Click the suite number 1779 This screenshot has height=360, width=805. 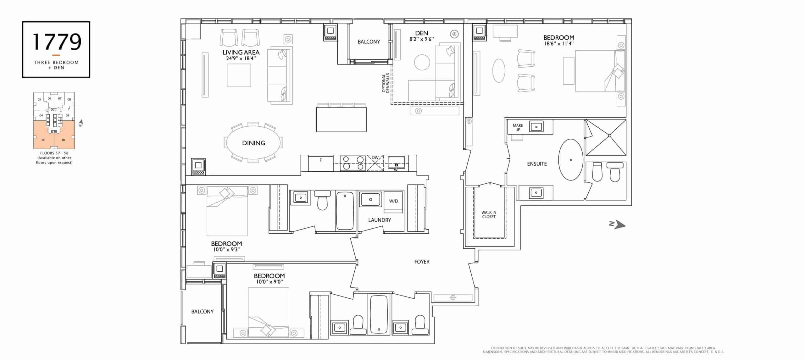pyautogui.click(x=57, y=42)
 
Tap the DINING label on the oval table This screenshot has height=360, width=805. pyautogui.click(x=253, y=143)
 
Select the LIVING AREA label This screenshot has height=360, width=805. pyautogui.click(x=241, y=53)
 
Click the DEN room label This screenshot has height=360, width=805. pyautogui.click(x=421, y=33)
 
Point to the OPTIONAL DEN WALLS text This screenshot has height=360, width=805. pyautogui.click(x=386, y=83)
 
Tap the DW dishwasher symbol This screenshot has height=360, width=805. pyautogui.click(x=375, y=163)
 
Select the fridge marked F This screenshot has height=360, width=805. pyautogui.click(x=320, y=163)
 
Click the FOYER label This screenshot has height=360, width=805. pyautogui.click(x=422, y=262)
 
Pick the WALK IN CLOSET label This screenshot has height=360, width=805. pyautogui.click(x=489, y=215)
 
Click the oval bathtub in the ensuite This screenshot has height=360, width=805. pyautogui.click(x=571, y=160)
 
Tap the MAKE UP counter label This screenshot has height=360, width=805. pyautogui.click(x=518, y=127)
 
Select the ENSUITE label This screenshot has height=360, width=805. pyautogui.click(x=537, y=164)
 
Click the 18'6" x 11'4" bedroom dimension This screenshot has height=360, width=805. pyautogui.click(x=559, y=44)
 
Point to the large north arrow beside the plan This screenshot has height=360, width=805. pyautogui.click(x=617, y=224)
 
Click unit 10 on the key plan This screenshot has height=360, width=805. pyautogui.click(x=63, y=140)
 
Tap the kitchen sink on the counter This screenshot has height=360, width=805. pyautogui.click(x=396, y=163)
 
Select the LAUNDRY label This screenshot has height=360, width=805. pyautogui.click(x=380, y=220)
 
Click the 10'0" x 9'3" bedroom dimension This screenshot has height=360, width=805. pyautogui.click(x=226, y=250)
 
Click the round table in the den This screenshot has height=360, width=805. pyautogui.click(x=422, y=62)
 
